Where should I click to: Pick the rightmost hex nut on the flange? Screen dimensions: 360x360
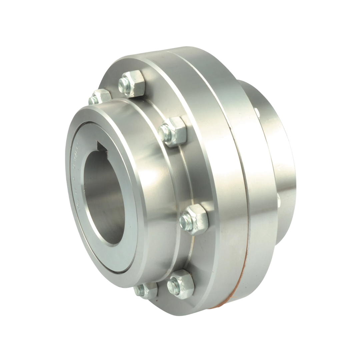pyautogui.click(x=194, y=219)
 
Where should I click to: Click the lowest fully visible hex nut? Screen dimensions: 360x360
pyautogui.click(x=181, y=284)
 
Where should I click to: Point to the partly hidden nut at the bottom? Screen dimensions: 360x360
pyautogui.click(x=146, y=291)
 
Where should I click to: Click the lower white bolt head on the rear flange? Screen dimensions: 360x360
pyautogui.click(x=279, y=200)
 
